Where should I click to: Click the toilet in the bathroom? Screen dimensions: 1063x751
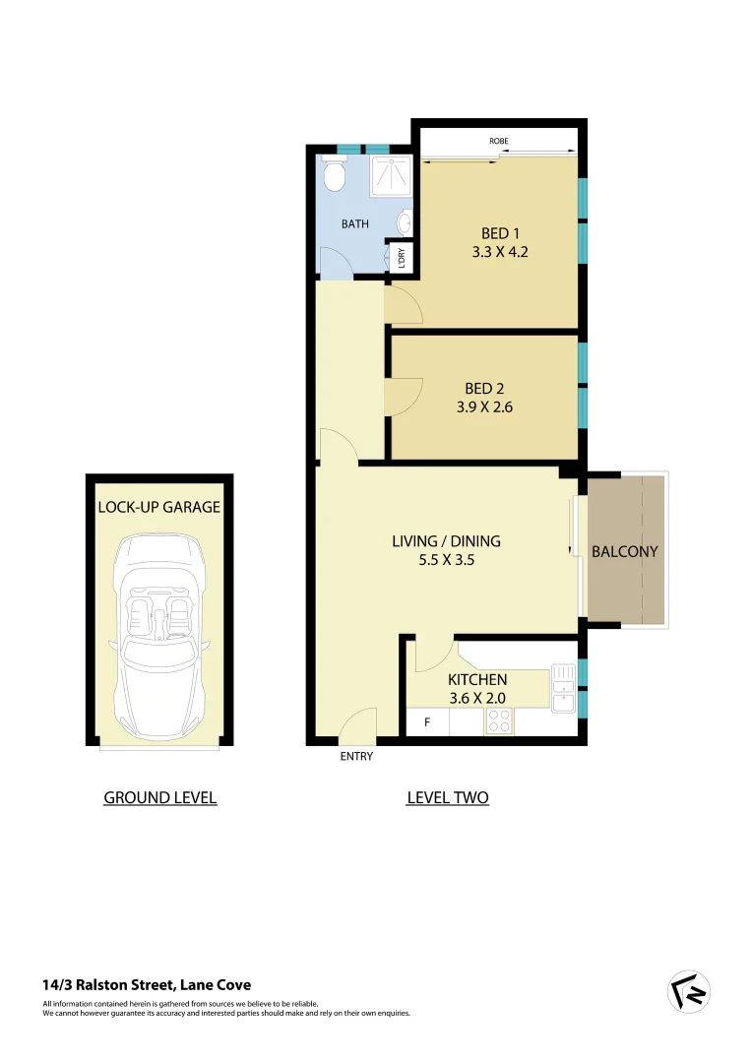334,177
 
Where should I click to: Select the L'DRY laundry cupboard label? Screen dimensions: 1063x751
402,258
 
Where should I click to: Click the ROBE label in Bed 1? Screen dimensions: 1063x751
499,142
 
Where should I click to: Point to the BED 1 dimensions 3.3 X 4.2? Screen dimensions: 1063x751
500,252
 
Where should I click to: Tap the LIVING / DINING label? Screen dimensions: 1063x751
446,540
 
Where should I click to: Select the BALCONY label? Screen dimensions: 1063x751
624,551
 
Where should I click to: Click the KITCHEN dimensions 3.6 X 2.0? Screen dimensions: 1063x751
477,698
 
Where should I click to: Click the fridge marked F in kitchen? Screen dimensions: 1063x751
426,722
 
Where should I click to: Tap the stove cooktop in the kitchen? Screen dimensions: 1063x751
499,722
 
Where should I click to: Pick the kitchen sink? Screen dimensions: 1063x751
563,687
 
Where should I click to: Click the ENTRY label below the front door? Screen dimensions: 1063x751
356,757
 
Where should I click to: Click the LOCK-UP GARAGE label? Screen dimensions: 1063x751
158,508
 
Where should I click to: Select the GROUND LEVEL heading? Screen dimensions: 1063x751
159,797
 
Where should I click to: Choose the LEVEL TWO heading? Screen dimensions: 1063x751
447,797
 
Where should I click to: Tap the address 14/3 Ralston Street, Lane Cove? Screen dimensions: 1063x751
147,984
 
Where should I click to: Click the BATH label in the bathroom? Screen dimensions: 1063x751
354,224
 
